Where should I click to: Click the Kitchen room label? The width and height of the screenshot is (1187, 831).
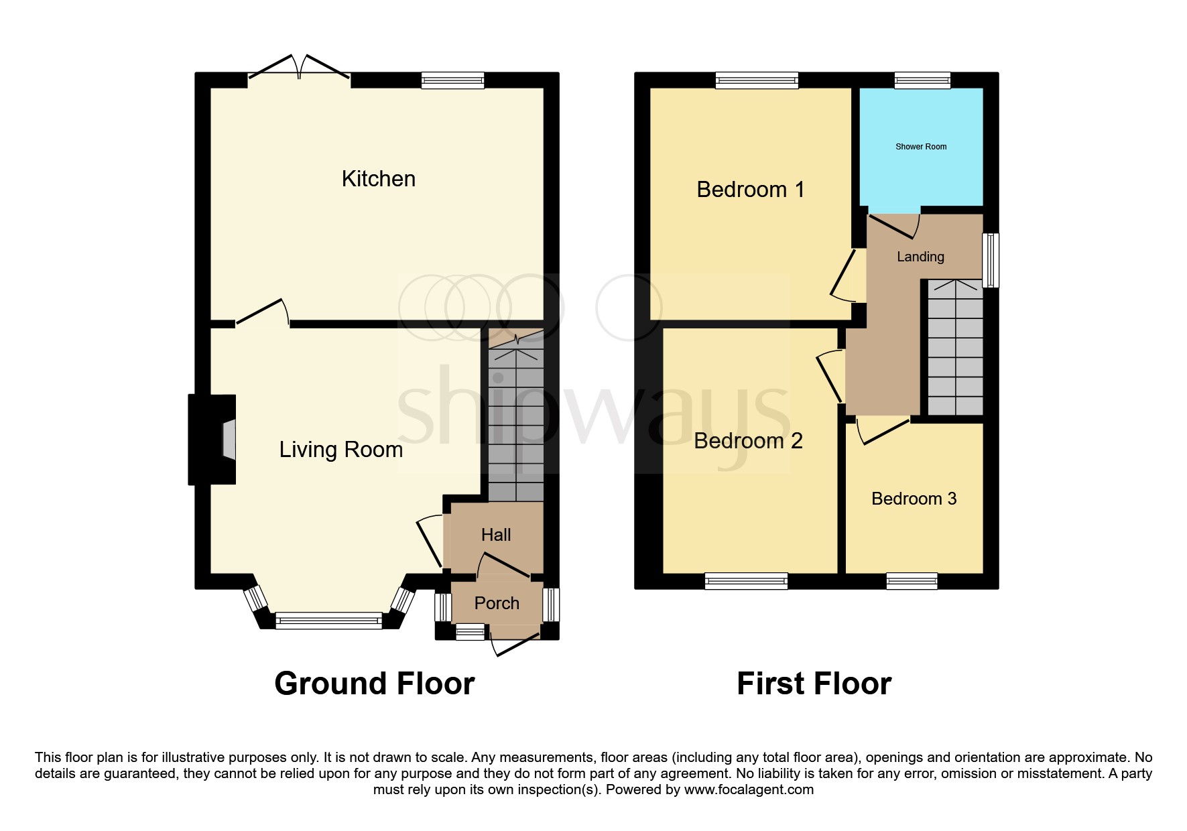(378, 179)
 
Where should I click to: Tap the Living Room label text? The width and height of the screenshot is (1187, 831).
(340, 450)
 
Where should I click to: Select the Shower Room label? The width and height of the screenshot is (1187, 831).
(921, 147)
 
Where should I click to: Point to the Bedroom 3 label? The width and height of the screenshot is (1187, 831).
(914, 499)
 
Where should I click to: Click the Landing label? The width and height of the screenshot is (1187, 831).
(920, 257)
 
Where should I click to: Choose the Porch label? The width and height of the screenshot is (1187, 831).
(497, 603)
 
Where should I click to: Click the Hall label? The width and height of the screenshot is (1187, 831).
(496, 535)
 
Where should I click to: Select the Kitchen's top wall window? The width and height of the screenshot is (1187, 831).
(452, 81)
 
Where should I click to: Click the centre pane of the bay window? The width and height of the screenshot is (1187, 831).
(328, 621)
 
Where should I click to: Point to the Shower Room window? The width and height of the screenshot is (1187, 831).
(923, 81)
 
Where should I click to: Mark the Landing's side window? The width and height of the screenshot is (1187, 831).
(991, 260)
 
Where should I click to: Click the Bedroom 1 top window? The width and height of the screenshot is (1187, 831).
(757, 81)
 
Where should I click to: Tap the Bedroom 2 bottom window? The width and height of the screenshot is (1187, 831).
(746, 581)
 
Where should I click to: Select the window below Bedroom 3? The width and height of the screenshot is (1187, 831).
(912, 581)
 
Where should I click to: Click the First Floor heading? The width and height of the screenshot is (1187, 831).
(814, 684)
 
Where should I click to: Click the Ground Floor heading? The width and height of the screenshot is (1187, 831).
(374, 684)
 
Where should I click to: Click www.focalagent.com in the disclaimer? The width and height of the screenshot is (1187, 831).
(749, 789)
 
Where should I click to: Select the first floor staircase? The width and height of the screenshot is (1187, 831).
(955, 348)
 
